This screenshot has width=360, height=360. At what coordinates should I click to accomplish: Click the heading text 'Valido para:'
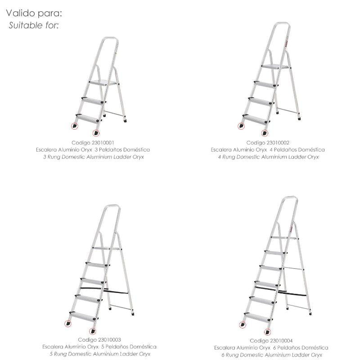[x=34, y=13]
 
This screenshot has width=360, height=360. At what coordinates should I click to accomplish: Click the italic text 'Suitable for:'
[x=34, y=25]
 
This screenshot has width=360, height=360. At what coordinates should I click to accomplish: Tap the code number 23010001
[x=103, y=143]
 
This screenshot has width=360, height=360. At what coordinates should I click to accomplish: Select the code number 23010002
[x=278, y=143]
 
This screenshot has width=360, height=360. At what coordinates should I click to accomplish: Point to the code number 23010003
[x=109, y=340]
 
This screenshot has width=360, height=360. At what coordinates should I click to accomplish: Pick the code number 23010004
[x=281, y=341]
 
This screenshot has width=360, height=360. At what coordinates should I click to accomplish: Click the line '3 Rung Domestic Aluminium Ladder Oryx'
[x=94, y=157]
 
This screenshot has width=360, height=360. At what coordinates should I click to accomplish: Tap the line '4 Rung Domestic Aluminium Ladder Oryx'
[x=268, y=157]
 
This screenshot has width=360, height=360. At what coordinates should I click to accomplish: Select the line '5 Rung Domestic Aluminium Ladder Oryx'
[x=100, y=354]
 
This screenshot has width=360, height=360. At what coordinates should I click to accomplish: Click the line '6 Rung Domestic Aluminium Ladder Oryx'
[x=272, y=355]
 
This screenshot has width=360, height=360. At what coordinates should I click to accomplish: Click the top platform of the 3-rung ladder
[x=103, y=83]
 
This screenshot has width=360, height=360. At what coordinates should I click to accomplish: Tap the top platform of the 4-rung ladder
[x=275, y=67]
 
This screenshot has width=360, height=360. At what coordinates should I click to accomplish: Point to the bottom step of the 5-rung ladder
[x=83, y=316]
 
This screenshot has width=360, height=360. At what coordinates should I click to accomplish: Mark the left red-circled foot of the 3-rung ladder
[x=75, y=126]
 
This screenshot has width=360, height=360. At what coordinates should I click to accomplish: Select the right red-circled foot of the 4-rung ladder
[x=265, y=133]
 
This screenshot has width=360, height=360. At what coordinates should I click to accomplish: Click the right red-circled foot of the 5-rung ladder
[x=92, y=331]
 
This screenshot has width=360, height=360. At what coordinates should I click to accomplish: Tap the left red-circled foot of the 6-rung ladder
[x=243, y=324]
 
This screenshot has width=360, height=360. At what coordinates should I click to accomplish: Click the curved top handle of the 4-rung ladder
[x=282, y=23]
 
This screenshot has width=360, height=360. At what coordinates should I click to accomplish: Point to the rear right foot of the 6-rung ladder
[x=310, y=313]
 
